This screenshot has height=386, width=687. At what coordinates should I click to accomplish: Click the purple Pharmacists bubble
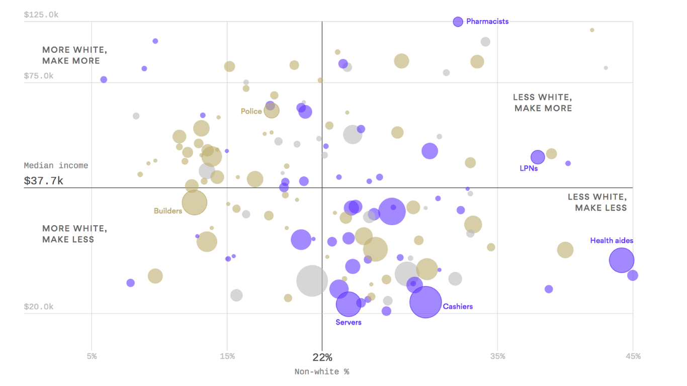pyautogui.click(x=458, y=22)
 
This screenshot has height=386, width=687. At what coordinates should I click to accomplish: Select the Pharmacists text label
pyautogui.click(x=487, y=22)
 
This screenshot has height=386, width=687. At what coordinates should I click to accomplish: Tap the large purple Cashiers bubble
pyautogui.click(x=425, y=302)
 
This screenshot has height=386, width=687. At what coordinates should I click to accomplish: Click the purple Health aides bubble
pyautogui.click(x=622, y=260)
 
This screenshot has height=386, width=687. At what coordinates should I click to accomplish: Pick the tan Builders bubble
pyautogui.click(x=195, y=203)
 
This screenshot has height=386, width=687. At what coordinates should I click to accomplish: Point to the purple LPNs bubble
pyautogui.click(x=538, y=157)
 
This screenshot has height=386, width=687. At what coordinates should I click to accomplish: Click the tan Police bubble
pyautogui.click(x=272, y=111)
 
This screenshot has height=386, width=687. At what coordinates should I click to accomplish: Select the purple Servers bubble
pyautogui.click(x=349, y=304)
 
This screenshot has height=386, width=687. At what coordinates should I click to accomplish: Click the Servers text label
pyautogui.click(x=349, y=322)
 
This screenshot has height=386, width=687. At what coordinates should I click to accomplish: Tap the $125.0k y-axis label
pyautogui.click(x=41, y=15)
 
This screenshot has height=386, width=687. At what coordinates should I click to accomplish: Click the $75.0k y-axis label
pyautogui.click(x=39, y=76)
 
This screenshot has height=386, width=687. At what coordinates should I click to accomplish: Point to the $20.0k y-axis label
pyautogui.click(x=39, y=307)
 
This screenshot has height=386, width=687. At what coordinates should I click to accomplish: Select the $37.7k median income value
pyautogui.click(x=44, y=181)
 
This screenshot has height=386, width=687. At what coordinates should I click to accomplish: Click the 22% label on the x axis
pyautogui.click(x=322, y=357)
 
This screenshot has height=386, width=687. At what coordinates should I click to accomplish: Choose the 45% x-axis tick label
pyautogui.click(x=633, y=356)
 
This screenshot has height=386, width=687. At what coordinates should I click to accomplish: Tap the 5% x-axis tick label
pyautogui.click(x=92, y=356)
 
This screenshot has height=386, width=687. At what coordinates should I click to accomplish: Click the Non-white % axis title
pyautogui.click(x=322, y=372)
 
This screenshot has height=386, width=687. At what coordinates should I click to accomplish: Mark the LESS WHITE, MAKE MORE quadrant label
pyautogui.click(x=543, y=103)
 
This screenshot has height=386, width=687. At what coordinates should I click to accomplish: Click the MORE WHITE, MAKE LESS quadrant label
pyautogui.click(x=74, y=234)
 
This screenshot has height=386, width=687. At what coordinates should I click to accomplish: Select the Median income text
pyautogui.click(x=56, y=165)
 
